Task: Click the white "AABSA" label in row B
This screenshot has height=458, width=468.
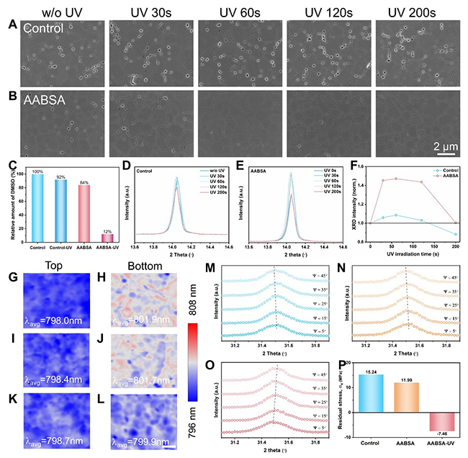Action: tap(45, 101)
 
